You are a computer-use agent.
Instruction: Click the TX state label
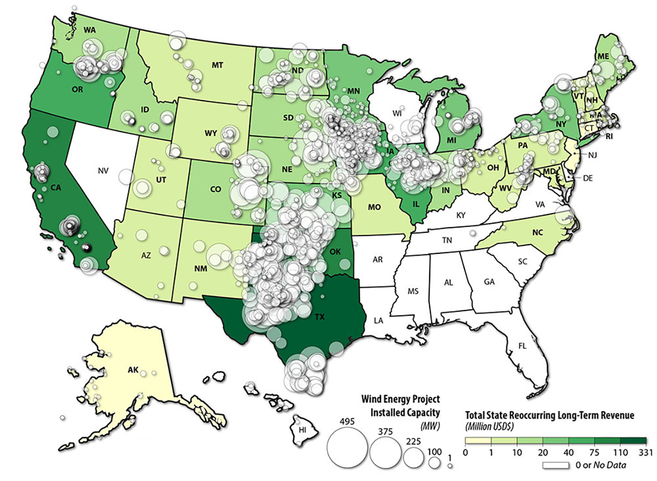[319, 317]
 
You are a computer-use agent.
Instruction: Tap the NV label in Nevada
[103, 171]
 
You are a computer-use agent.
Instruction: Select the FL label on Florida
[522, 346]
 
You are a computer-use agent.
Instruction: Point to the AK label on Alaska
[133, 370]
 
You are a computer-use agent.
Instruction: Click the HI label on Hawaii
[302, 430]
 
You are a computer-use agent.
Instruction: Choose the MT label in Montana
[217, 65]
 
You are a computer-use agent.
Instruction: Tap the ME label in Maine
[603, 57]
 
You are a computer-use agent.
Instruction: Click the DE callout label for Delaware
[588, 178]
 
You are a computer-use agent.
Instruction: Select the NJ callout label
[592, 155]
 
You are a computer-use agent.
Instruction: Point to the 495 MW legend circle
[347, 448]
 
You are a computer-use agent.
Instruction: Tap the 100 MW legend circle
[434, 462]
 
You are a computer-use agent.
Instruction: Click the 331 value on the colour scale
[646, 453]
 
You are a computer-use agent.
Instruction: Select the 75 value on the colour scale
[594, 453]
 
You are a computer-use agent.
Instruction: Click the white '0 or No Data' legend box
[556, 465]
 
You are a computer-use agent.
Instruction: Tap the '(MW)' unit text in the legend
[430, 426]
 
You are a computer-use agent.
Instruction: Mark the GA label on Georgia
[489, 282]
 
